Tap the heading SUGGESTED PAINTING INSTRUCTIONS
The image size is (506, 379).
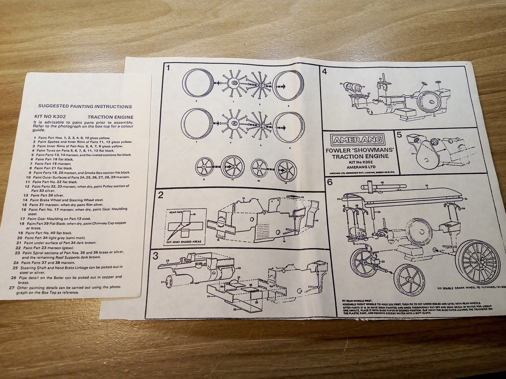point(85,107)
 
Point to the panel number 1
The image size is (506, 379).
point(168,68)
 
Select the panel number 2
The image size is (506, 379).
point(161,194)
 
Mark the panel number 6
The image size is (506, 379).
point(330,181)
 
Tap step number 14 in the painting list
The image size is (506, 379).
point(25,200)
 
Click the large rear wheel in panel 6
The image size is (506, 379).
point(477,262)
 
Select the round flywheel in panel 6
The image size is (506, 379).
point(419,232)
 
